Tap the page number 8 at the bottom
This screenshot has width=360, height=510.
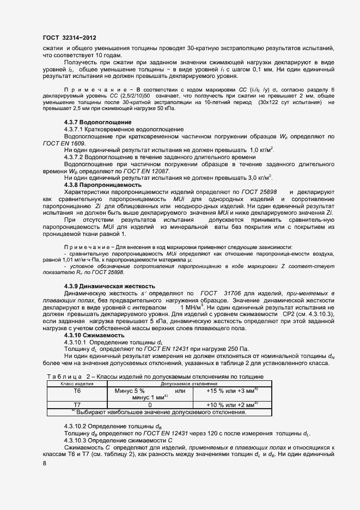tap(44, 463)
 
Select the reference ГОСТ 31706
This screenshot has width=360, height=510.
tap(221, 293)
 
